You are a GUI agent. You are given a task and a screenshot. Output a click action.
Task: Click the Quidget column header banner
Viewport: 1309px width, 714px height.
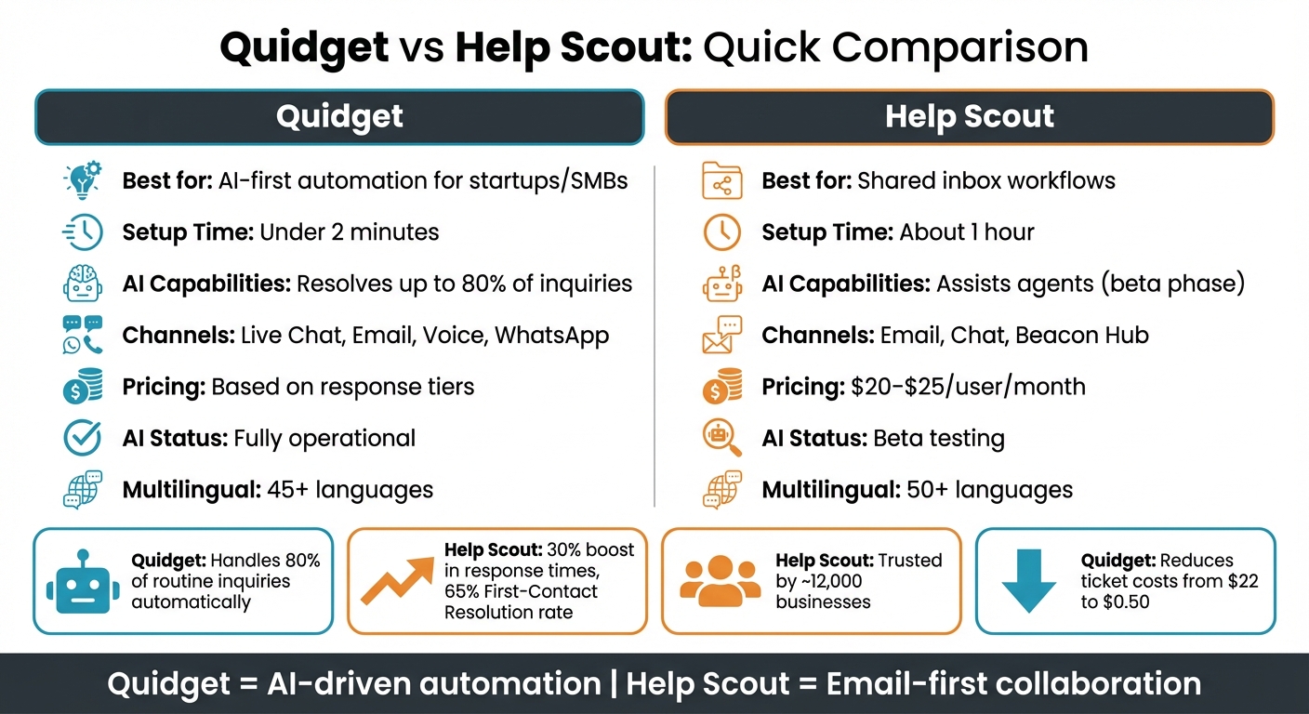tap(339, 117)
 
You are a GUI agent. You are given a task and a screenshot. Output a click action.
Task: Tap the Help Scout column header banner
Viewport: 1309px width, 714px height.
tap(969, 117)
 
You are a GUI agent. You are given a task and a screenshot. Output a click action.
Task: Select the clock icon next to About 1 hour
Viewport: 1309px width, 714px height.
tap(722, 232)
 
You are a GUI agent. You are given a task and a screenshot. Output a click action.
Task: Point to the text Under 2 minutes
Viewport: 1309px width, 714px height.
tap(350, 231)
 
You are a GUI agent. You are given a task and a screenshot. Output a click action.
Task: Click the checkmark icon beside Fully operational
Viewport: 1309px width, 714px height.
tap(83, 438)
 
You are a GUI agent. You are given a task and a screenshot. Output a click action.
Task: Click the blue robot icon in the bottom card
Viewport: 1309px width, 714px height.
tap(83, 582)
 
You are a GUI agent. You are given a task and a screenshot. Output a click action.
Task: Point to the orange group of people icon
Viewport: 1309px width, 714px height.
tap(720, 582)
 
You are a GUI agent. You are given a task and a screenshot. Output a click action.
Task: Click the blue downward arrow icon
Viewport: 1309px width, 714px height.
tap(1029, 582)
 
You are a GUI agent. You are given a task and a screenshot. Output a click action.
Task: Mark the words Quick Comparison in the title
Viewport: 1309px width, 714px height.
tap(895, 48)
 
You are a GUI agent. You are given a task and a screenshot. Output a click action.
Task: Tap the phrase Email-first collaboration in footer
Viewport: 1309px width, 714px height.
tap(1013, 685)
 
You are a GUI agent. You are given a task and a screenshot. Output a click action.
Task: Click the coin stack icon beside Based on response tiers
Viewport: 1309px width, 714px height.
tap(83, 387)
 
